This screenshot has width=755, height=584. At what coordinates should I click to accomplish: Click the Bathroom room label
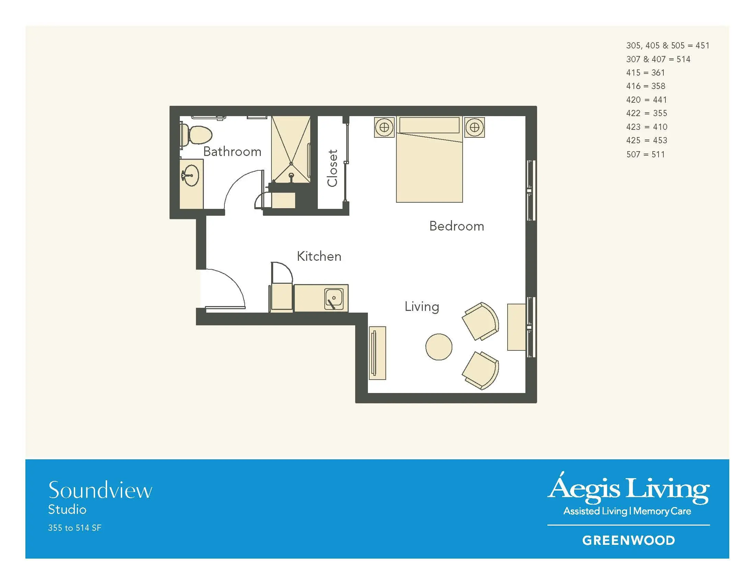[232, 151]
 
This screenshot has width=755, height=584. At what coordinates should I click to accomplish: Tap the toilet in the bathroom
[196, 135]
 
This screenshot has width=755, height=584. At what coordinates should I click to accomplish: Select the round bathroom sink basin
[190, 176]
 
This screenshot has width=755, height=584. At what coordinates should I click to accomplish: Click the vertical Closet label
[332, 168]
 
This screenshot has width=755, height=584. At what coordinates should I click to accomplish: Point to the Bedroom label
[456, 226]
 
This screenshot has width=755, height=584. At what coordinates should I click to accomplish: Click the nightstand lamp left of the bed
[384, 127]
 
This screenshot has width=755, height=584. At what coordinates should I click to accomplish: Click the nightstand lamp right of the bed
[474, 127]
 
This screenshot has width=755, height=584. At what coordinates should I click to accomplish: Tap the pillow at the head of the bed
[429, 125]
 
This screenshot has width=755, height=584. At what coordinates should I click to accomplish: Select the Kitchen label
[319, 256]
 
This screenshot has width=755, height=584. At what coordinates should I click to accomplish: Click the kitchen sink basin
[334, 299]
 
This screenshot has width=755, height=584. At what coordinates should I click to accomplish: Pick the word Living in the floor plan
[422, 307]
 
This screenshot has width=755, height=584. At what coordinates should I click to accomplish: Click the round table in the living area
[439, 347]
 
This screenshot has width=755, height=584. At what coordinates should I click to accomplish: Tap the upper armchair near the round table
[481, 321]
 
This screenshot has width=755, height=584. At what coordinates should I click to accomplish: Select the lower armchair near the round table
[481, 371]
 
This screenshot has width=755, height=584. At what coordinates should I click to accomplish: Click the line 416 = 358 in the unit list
[646, 86]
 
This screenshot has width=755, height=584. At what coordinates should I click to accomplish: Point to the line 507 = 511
[646, 154]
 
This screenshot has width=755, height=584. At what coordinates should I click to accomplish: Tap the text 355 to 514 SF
[75, 528]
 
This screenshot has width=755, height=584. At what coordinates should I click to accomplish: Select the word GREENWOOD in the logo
[628, 540]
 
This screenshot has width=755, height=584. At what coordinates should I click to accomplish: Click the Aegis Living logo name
[628, 488]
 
